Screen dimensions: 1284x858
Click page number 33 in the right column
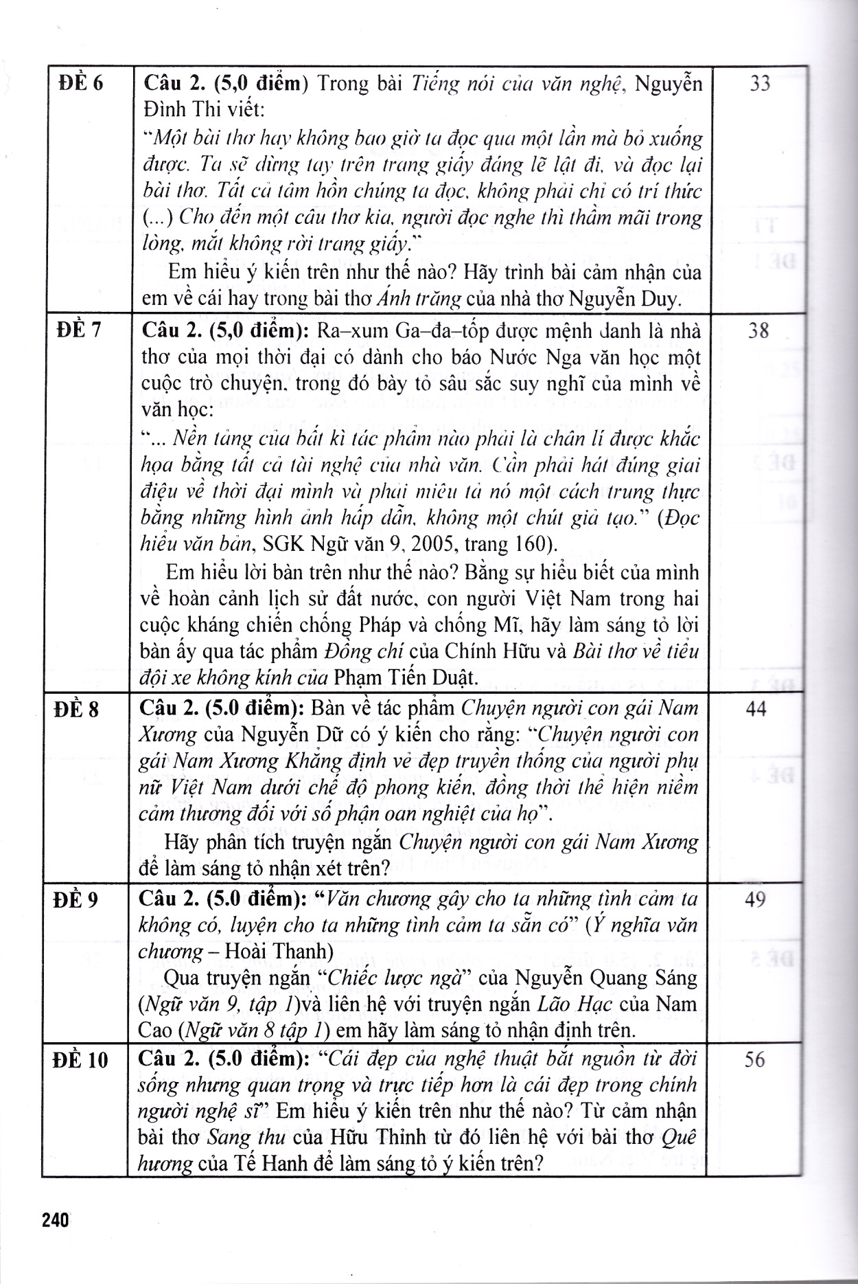click(760, 84)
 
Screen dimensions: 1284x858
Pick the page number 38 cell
click(758, 331)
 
